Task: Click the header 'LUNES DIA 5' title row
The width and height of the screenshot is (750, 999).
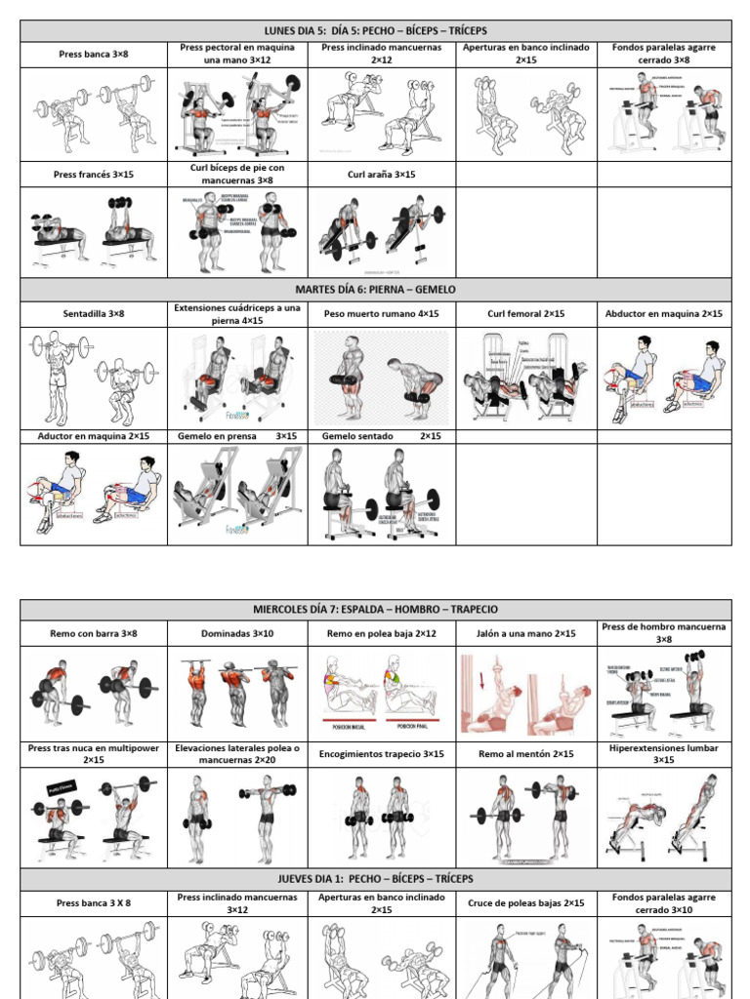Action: [375, 31]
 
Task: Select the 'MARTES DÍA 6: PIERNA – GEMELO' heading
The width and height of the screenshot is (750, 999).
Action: [375, 290]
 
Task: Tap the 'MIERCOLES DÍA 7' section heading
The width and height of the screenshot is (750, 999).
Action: [375, 610]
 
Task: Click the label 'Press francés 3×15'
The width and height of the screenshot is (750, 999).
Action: [94, 175]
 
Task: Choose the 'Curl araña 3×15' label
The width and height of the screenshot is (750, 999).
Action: [382, 175]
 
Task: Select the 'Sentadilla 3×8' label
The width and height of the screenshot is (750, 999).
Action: [94, 314]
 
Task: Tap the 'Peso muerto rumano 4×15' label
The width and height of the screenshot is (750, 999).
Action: [382, 314]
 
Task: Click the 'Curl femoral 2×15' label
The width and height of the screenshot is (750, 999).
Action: [526, 314]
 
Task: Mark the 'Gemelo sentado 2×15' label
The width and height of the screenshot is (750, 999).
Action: [382, 436]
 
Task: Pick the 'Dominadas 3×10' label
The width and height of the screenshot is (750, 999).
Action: [238, 633]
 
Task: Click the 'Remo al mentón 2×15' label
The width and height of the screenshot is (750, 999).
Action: [526, 754]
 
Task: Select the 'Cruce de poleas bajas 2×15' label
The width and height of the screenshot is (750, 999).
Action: [526, 903]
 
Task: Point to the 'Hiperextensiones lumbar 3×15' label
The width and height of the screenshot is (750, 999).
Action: [664, 754]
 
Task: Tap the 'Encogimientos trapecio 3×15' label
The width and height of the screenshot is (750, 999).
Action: [382, 754]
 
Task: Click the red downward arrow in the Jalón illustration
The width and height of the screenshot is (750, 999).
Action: [471, 676]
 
